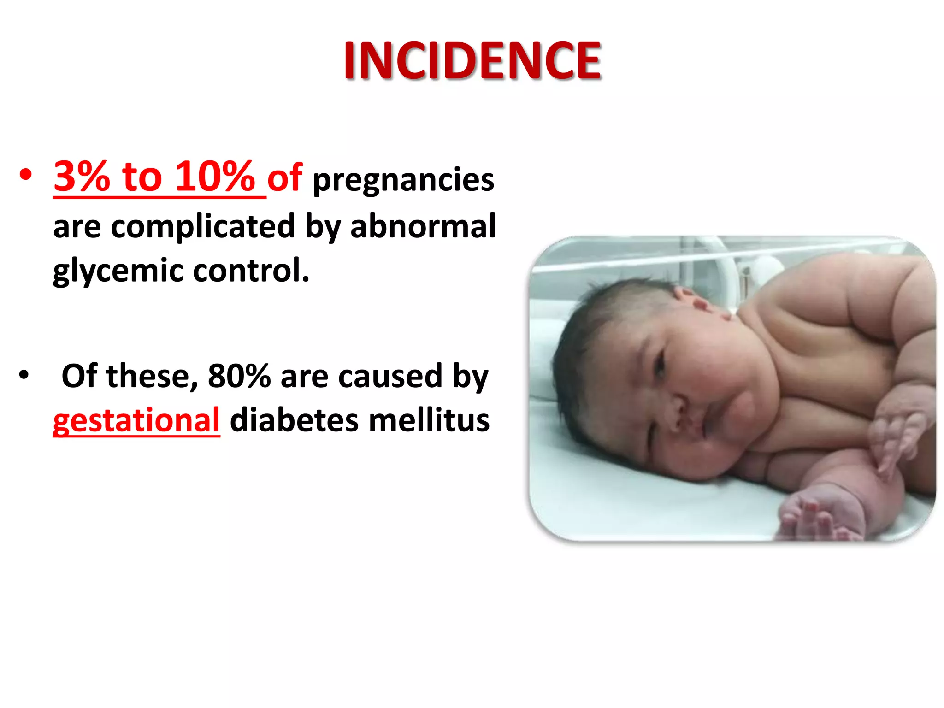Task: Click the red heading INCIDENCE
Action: point(472,61)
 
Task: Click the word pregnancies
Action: point(403,180)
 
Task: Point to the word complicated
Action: point(203,226)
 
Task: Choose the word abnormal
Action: point(423,226)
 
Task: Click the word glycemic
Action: point(118,271)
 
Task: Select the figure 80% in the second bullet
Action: point(239,376)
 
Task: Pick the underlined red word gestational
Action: point(136,420)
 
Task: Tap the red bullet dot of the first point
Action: point(26,175)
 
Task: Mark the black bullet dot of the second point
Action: point(24,375)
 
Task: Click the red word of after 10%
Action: point(285,177)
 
